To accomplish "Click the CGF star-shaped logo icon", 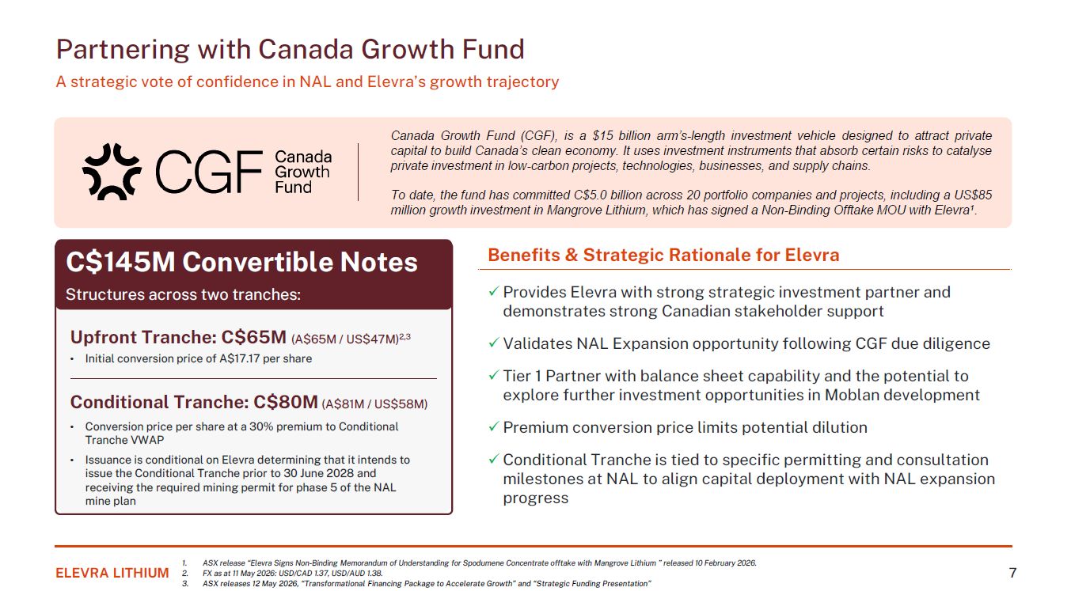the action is tap(112, 172).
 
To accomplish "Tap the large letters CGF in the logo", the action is tap(210, 172).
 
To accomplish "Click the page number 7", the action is tap(1012, 572).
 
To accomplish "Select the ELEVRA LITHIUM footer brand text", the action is tap(112, 573).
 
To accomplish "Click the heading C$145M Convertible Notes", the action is tap(241, 262).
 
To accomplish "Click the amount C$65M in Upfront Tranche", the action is tap(253, 337).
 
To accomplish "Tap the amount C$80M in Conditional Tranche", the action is tap(286, 402).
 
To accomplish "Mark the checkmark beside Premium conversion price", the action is tap(494, 426).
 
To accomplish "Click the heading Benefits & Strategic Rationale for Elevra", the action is tap(663, 255).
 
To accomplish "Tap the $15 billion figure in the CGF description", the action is tap(621, 136).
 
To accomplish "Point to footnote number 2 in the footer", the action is tap(185, 573).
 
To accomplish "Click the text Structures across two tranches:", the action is tap(183, 294).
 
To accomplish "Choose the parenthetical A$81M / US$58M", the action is tap(374, 404).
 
